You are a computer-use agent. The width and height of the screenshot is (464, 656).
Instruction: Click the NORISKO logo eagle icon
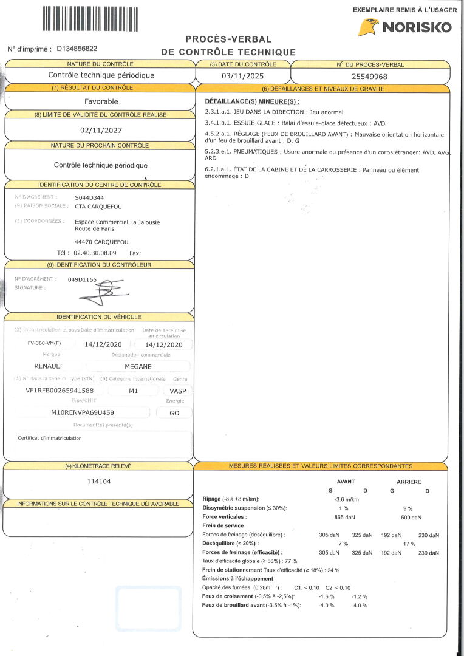[x=368, y=27]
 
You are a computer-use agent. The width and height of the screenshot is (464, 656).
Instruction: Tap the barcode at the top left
[x=90, y=18]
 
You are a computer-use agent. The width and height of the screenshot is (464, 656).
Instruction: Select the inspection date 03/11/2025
[x=243, y=76]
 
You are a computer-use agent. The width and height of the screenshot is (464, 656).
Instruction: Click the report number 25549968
[x=369, y=77]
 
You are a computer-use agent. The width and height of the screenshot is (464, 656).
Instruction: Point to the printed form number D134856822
[x=77, y=49]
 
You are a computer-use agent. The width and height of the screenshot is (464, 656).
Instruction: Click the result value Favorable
[x=101, y=101]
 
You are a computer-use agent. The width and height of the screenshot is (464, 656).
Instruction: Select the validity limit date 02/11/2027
[x=101, y=129]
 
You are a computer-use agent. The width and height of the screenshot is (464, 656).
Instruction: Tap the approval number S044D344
[x=90, y=197]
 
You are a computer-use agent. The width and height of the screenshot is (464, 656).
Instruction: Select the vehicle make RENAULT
[x=49, y=366]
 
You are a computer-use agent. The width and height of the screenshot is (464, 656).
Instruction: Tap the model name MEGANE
[x=138, y=366]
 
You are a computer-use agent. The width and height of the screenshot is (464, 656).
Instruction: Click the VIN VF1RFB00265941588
[x=55, y=390]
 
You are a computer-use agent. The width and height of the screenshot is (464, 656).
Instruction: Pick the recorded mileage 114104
[x=99, y=481]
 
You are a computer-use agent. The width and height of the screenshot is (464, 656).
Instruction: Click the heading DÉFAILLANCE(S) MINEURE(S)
[x=252, y=101]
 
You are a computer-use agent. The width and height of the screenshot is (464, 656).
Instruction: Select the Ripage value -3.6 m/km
[x=343, y=499]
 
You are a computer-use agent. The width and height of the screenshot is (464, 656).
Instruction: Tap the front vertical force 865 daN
[x=344, y=517]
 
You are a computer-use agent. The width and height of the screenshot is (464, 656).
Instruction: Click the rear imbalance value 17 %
[x=409, y=544]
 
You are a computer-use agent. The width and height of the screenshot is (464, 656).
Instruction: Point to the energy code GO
[x=174, y=412]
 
